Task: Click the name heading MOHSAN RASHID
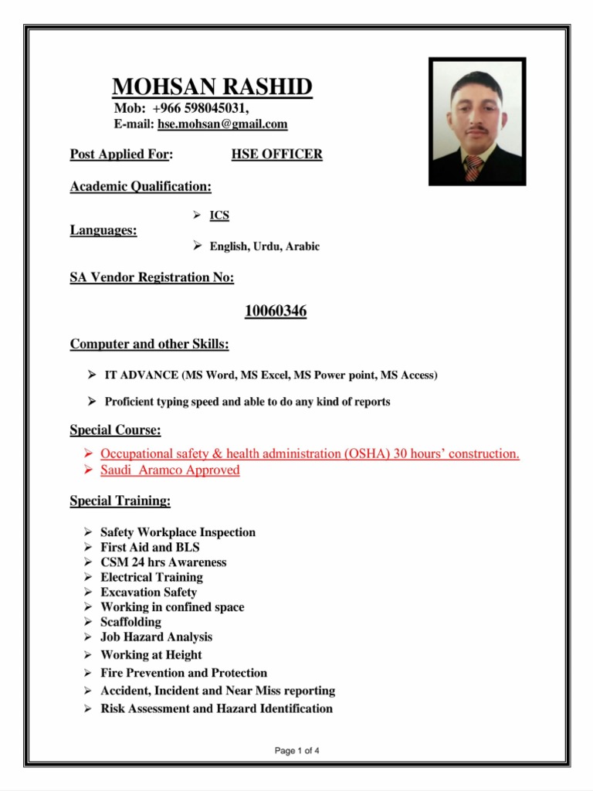click(212, 87)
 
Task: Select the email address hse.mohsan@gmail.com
click(222, 124)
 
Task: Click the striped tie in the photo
click(473, 167)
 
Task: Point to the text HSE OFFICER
click(276, 154)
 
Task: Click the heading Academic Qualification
click(141, 186)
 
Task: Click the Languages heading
click(103, 230)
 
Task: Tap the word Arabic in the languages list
click(302, 246)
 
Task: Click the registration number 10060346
click(276, 311)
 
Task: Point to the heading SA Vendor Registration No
click(152, 277)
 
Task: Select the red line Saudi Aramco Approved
click(170, 470)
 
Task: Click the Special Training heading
click(120, 501)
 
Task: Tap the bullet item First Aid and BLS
click(150, 547)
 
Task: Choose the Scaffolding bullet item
click(130, 622)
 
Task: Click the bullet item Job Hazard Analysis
click(156, 637)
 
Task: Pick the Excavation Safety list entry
click(148, 592)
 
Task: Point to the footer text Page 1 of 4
click(297, 750)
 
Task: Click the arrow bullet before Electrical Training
click(89, 577)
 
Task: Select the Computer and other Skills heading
click(149, 344)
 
